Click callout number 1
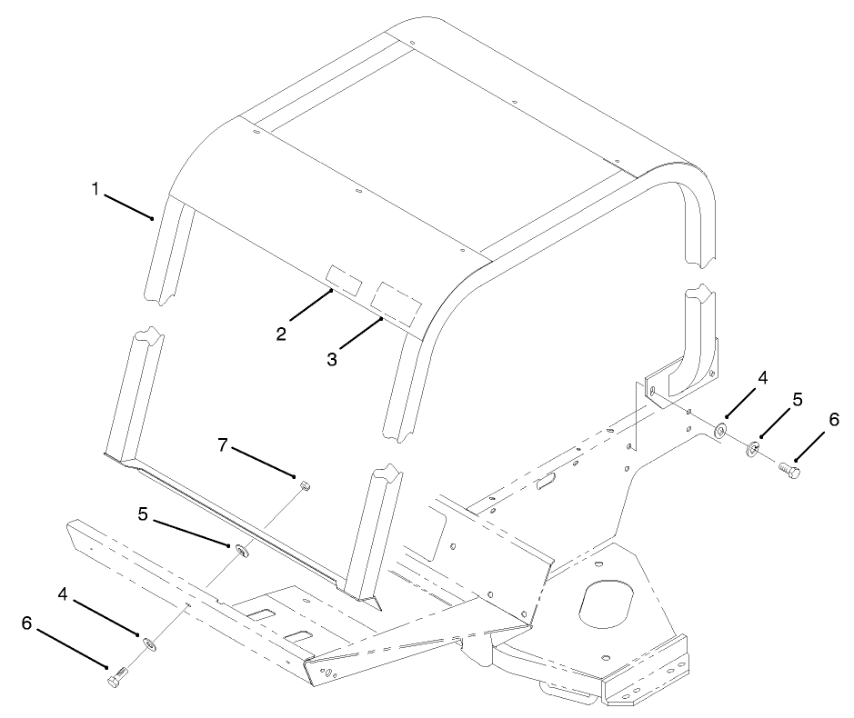[95, 189]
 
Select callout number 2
[281, 334]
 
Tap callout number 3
[332, 359]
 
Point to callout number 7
[222, 445]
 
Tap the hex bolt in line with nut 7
[117, 675]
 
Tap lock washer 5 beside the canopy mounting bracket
[753, 448]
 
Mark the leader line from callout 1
[128, 207]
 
